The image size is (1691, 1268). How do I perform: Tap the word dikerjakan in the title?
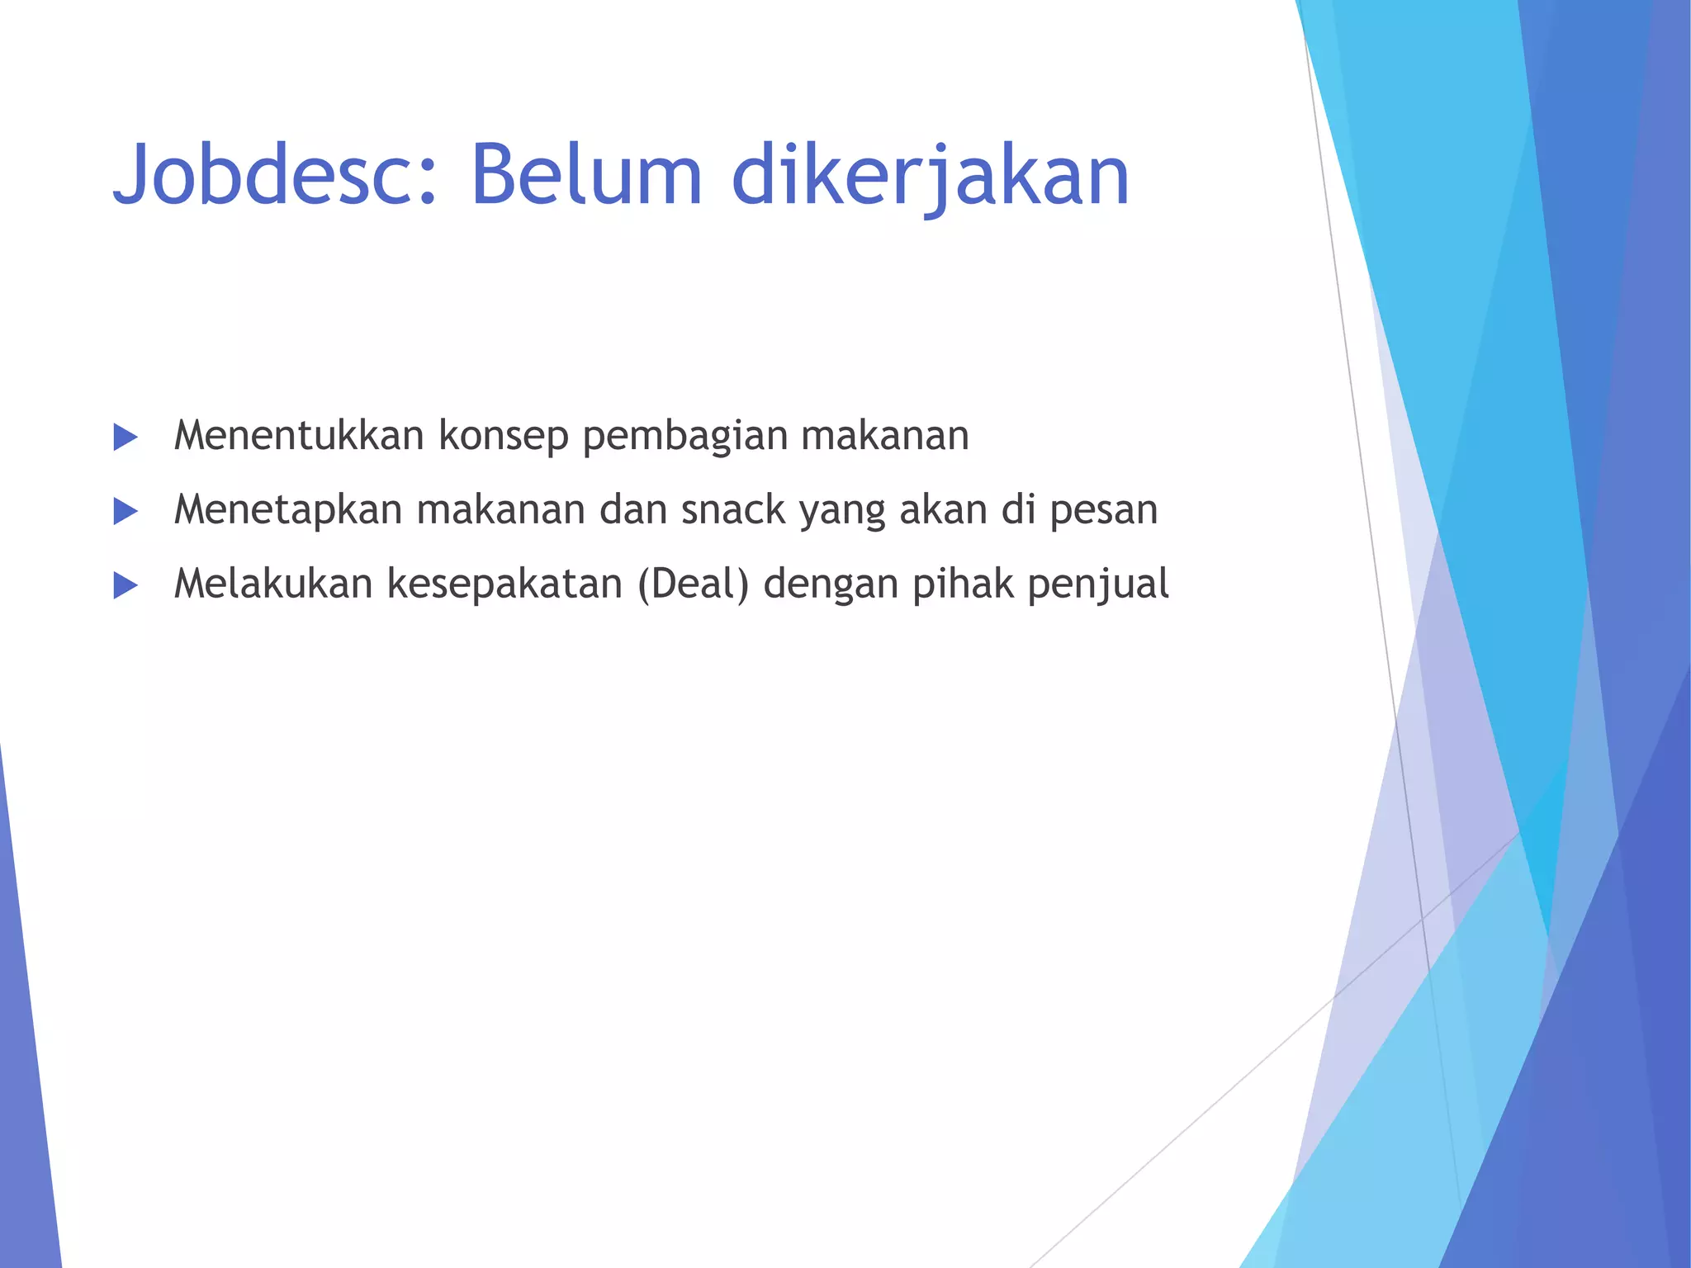[x=930, y=175]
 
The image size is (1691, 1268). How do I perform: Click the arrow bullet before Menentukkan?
[x=126, y=437]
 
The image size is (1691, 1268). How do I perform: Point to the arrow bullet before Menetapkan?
[x=126, y=511]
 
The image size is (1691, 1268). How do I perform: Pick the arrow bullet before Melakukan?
[x=126, y=585]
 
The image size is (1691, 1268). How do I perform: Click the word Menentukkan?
[x=299, y=435]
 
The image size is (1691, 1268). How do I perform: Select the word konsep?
[x=504, y=437]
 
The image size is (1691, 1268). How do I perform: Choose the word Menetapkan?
[x=287, y=509]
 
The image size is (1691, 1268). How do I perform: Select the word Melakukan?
[x=273, y=584]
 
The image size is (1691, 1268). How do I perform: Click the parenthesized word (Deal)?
[x=694, y=584]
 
